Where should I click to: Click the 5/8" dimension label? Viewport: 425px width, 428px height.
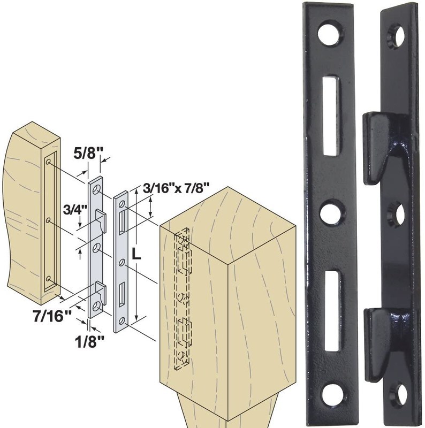pyautogui.click(x=85, y=153)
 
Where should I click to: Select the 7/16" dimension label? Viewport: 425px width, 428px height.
pyautogui.click(x=52, y=317)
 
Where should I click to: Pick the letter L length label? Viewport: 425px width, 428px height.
pyautogui.click(x=136, y=255)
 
